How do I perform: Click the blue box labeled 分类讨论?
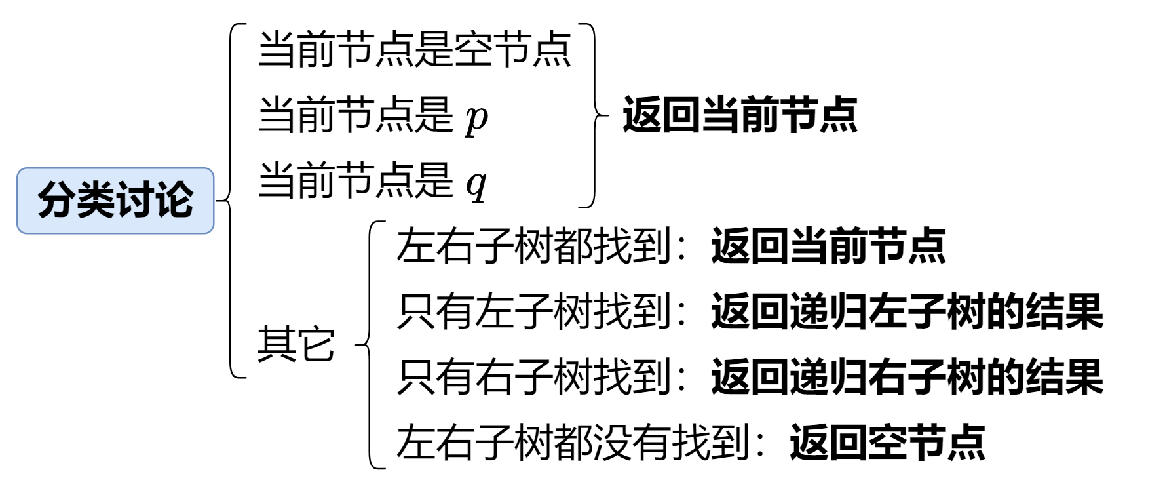tap(115, 201)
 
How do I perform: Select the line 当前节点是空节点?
tap(415, 50)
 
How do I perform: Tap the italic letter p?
tap(476, 118)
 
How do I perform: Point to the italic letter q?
tap(476, 184)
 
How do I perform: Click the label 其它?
tap(296, 344)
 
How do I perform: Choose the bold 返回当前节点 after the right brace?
tap(740, 115)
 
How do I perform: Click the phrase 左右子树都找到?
tap(533, 247)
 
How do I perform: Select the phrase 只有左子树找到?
tap(533, 311)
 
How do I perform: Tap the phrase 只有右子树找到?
tap(533, 377)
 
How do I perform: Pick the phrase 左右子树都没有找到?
tap(573, 443)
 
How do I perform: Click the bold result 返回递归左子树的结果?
tap(907, 311)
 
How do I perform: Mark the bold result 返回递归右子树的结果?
tap(907, 377)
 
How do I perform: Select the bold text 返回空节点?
tap(887, 443)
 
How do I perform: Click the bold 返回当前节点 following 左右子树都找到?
tap(828, 247)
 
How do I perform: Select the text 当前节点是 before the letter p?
tap(355, 115)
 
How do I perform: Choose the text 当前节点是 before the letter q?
tap(355, 181)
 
